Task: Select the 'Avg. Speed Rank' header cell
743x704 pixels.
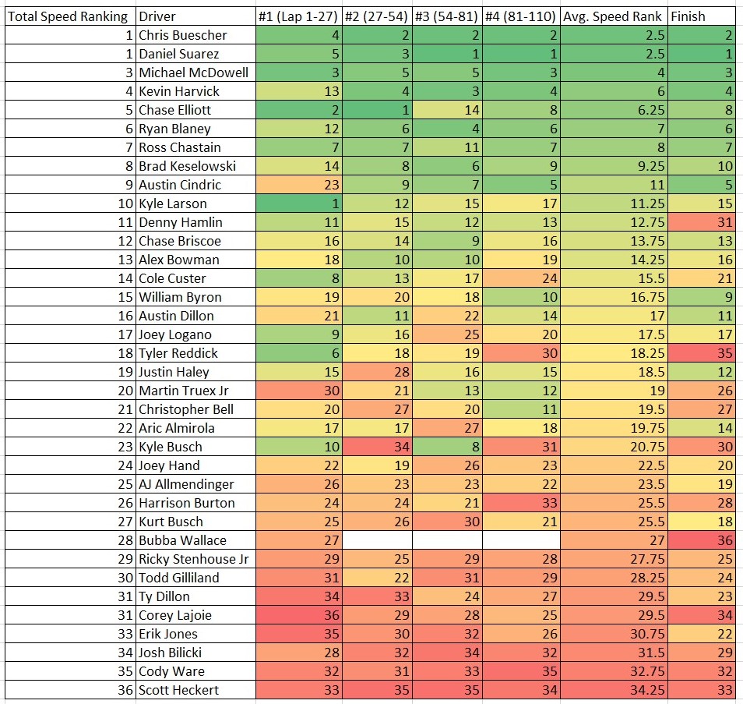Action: coord(614,16)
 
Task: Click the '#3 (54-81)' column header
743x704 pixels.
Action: coord(447,16)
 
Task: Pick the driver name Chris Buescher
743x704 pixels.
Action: coord(184,35)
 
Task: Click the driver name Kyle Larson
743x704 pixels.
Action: coord(173,203)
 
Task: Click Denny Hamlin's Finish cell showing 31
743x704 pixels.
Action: coord(701,222)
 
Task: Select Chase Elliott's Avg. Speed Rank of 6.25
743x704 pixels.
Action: coord(614,110)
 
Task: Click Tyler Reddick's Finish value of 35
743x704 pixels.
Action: coord(701,353)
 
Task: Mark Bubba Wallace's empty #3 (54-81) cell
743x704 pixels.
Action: coord(447,540)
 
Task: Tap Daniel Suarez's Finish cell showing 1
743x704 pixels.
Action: coord(701,54)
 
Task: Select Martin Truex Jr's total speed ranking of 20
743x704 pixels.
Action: coord(69,391)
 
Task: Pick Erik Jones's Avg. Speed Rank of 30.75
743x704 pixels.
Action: coord(614,634)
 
